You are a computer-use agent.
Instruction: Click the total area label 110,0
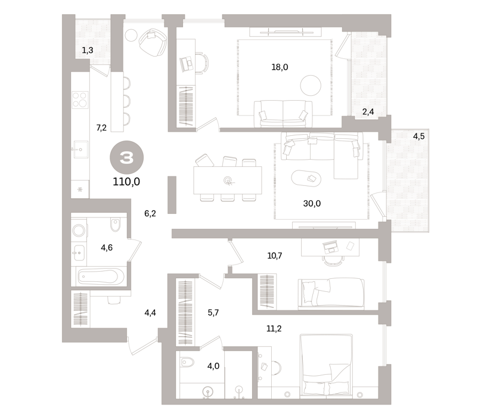126,181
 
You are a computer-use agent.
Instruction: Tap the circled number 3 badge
127,157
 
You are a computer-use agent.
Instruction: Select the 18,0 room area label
280,67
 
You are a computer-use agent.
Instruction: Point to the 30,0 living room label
312,203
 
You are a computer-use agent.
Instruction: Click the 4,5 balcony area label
418,136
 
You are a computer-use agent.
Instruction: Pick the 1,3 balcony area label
87,50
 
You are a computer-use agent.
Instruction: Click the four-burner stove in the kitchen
80,99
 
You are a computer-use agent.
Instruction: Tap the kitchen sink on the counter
80,150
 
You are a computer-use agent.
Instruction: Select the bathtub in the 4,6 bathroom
101,276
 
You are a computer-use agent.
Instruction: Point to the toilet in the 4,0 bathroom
187,362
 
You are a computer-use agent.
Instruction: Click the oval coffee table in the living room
306,178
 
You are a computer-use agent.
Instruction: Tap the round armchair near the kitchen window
153,42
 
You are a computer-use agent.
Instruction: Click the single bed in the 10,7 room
331,294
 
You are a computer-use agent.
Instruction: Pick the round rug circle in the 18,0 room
311,86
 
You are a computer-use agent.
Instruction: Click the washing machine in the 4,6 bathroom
79,231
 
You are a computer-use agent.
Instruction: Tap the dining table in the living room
228,181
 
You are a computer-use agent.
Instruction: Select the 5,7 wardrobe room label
213,312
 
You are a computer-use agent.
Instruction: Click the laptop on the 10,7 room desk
330,247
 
